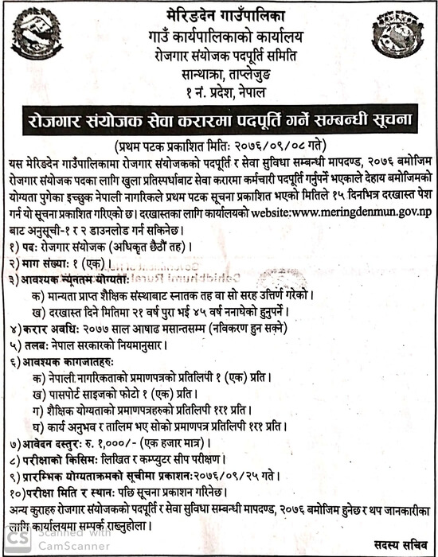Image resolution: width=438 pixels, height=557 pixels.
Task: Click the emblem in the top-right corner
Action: pyautogui.click(x=397, y=35)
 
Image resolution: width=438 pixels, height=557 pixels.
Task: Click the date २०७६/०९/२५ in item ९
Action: pyautogui.click(x=260, y=474)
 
